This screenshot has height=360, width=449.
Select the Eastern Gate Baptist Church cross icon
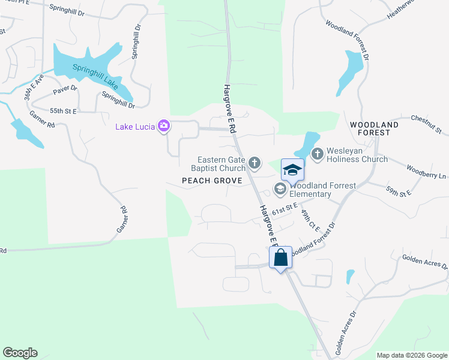tap(255, 162)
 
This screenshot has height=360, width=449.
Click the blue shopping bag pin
tap(280, 258)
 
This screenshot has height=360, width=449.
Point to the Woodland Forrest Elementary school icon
tap(280, 189)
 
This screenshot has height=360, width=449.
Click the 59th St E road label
tap(399, 192)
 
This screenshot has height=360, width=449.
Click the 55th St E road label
tap(64, 111)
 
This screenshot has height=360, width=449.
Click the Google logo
tap(20, 353)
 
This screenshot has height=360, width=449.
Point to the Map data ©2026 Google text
tap(412, 355)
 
